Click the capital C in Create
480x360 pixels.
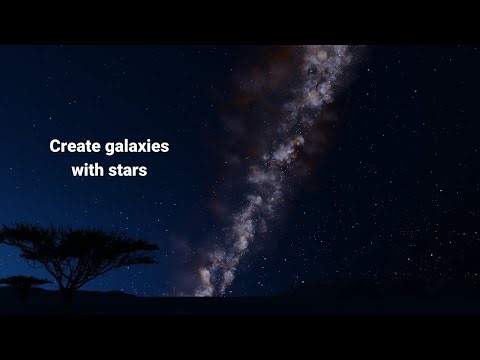pyautogui.click(x=56, y=146)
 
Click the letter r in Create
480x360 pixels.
pyautogui.click(x=66, y=147)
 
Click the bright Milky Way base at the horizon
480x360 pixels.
pyautogui.click(x=204, y=288)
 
